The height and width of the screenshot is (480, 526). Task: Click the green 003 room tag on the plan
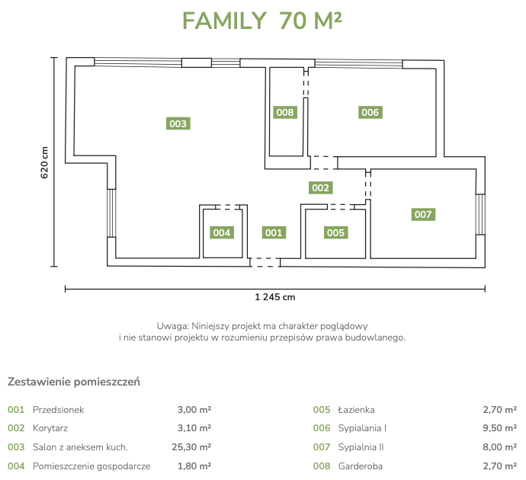coord(178,123)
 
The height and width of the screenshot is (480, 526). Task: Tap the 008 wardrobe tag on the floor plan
coord(285,112)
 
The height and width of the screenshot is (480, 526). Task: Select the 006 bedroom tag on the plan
coord(370,112)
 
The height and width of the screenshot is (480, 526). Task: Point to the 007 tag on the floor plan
coord(423,215)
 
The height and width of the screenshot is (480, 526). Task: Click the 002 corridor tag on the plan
coord(320,187)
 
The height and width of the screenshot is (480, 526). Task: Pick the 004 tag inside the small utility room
coord(222,232)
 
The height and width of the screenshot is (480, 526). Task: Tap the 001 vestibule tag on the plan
coord(274,232)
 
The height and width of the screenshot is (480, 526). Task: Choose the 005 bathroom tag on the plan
coord(335,232)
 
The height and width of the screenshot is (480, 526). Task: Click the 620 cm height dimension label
coord(44,162)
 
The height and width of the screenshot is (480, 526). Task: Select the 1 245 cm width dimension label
coord(275,297)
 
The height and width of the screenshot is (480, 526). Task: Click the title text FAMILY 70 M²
coord(262,21)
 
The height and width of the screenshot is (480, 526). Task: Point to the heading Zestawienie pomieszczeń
coord(74,382)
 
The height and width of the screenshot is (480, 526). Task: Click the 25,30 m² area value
coord(191,447)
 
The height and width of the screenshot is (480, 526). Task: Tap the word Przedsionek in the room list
coord(59,410)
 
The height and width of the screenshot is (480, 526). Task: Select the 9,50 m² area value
coord(500,428)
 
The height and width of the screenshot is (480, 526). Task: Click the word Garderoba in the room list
coord(361,466)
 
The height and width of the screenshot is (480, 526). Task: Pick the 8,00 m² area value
coord(500,447)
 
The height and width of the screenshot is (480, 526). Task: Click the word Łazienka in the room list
coord(356,410)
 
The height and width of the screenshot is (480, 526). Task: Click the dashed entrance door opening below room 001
coord(265,262)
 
